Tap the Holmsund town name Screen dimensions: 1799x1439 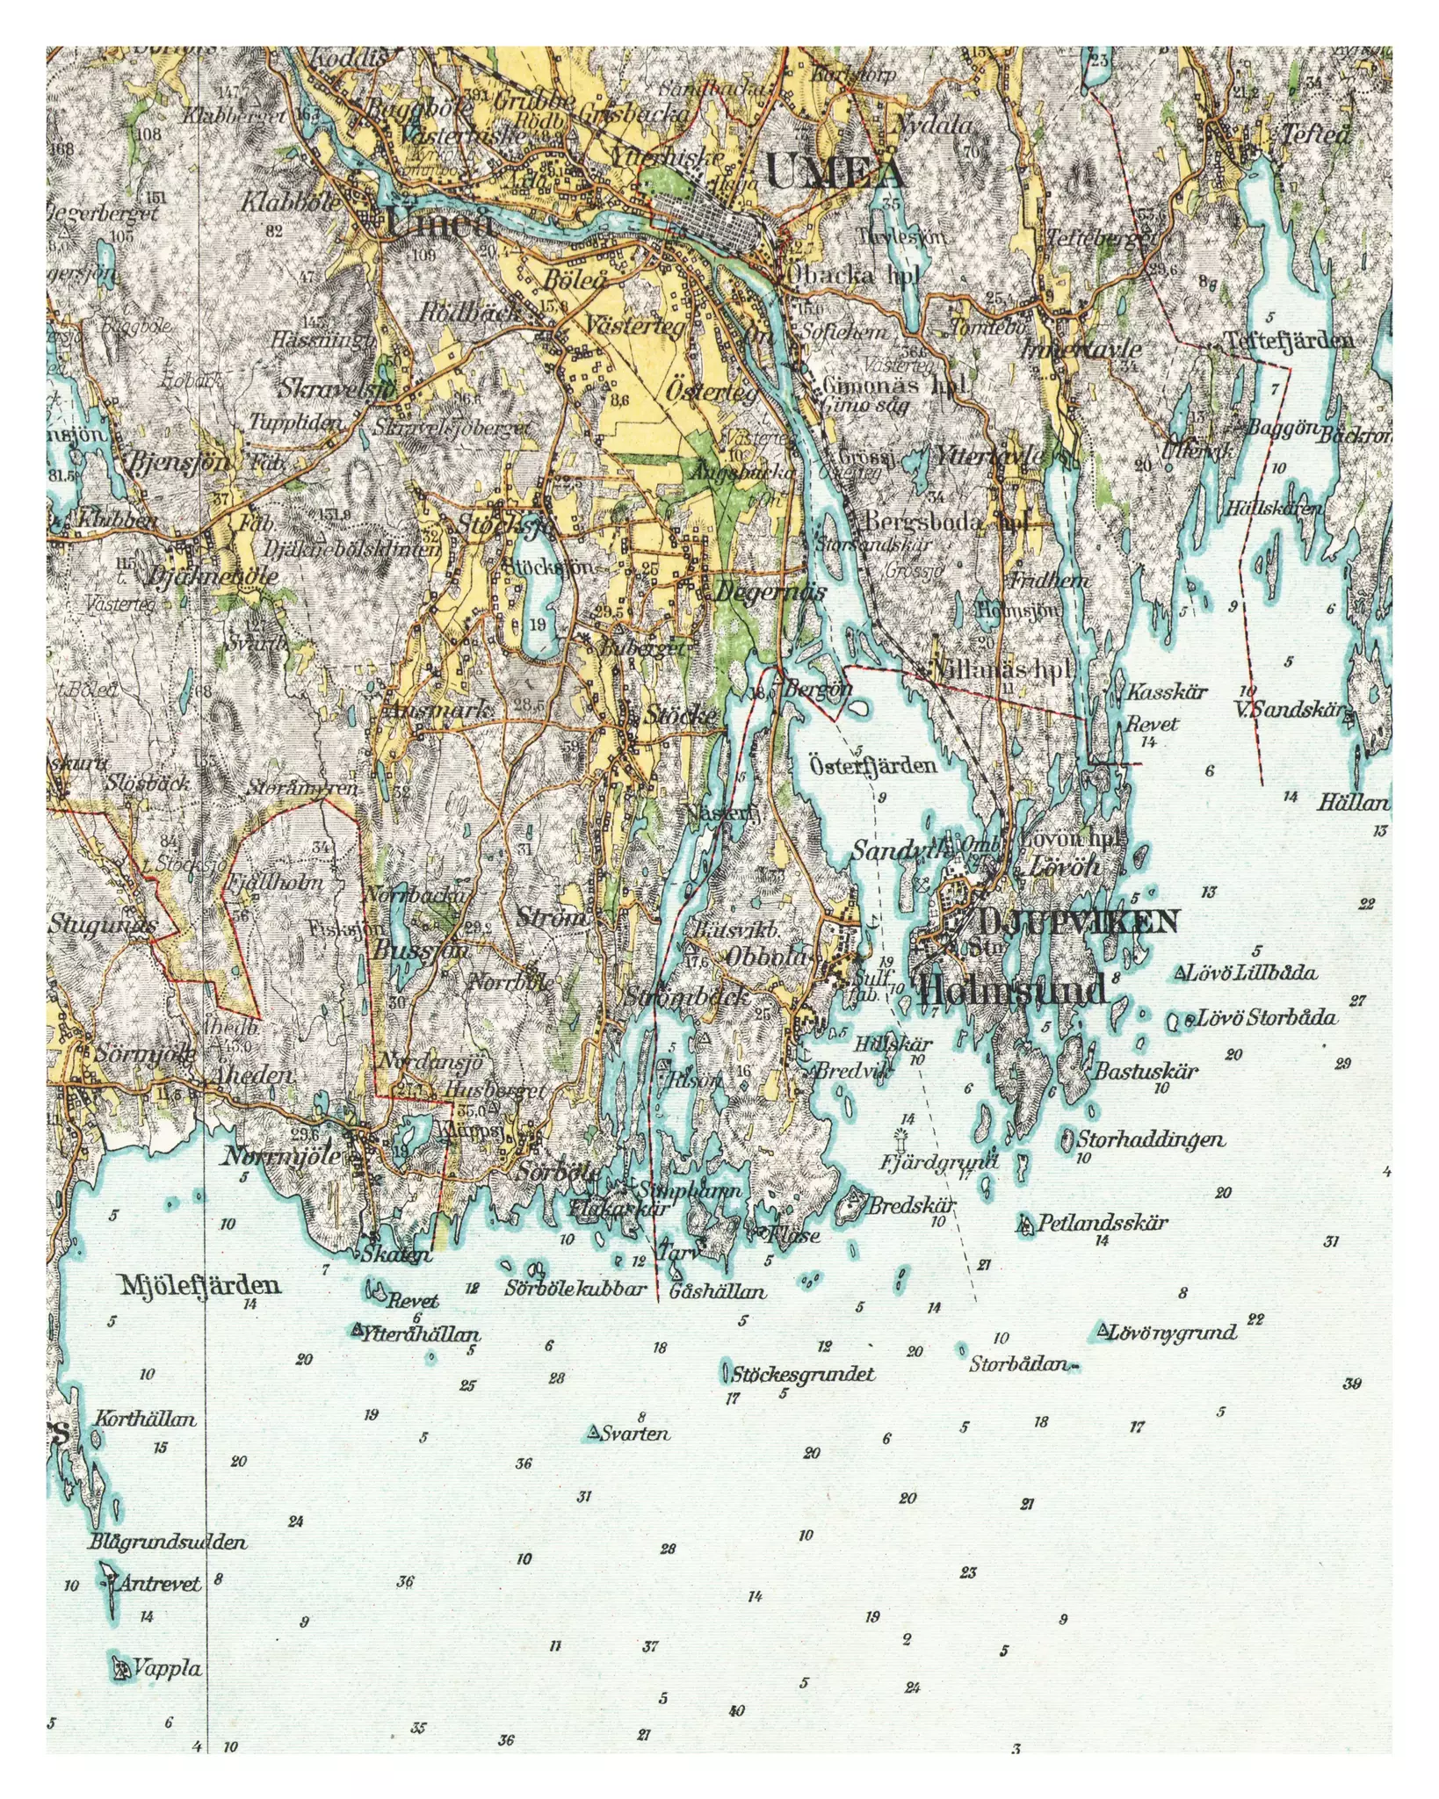click(x=1010, y=991)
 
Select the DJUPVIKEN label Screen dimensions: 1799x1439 click(x=1076, y=921)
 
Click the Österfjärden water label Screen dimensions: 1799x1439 click(x=871, y=765)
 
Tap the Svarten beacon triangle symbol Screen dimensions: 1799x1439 click(x=594, y=1434)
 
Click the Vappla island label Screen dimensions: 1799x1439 click(x=166, y=1668)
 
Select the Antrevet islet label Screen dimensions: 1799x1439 click(x=159, y=1583)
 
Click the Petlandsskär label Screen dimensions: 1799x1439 click(x=1102, y=1223)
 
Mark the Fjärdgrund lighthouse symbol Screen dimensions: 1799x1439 click(x=900, y=1138)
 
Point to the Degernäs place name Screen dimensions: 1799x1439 click(x=770, y=591)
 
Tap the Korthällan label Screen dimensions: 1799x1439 click(x=144, y=1419)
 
